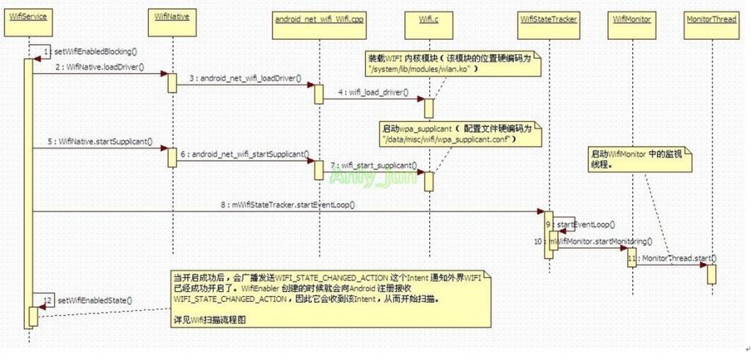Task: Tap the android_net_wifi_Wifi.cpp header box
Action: pos(319,17)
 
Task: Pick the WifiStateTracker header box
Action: pos(548,17)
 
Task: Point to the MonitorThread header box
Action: pos(710,17)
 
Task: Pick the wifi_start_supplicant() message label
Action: pos(373,166)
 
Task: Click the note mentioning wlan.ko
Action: pos(452,63)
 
